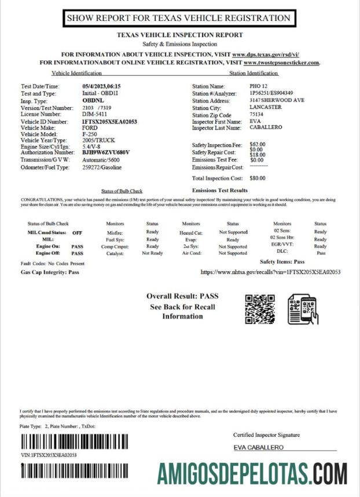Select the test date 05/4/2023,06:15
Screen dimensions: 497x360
[101, 87]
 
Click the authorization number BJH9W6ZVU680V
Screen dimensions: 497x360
[106, 153]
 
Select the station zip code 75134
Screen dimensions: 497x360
[256, 115]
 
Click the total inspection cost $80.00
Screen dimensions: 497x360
[258, 178]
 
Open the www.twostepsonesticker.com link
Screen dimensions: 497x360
[281, 62]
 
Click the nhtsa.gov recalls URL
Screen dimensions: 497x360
[270, 271]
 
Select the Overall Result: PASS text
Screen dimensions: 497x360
[182, 296]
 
